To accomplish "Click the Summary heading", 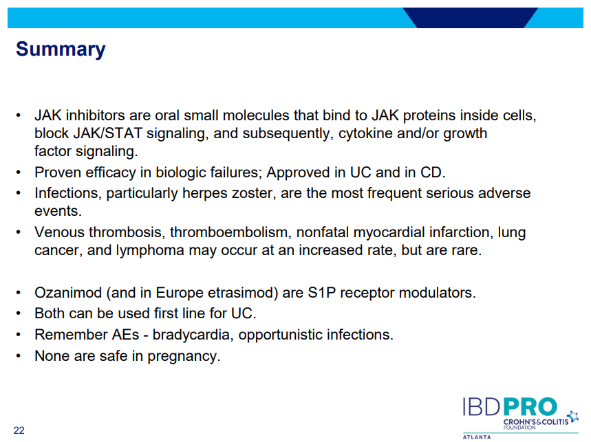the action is [61, 49].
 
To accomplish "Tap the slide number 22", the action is [19, 430].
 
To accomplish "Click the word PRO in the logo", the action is [530, 407].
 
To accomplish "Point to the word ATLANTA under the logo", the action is [477, 437].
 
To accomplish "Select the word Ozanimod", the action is [68, 293].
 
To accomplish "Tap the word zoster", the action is [253, 193].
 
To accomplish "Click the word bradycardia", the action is [193, 335].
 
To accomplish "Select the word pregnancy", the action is [184, 356].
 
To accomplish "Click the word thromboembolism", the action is [230, 232].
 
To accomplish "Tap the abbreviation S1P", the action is [321, 293].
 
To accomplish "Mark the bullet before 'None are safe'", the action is [18, 356].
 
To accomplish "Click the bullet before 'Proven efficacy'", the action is [18, 173].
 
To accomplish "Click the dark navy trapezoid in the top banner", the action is [471, 18].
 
